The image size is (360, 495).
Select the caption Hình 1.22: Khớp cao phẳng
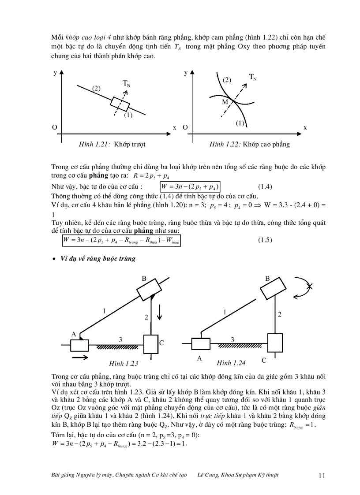[x=249, y=144]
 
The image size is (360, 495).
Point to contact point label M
[x=225, y=102]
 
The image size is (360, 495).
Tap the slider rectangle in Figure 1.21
[x=120, y=104]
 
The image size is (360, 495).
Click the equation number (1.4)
[x=265, y=186]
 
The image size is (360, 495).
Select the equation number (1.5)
[x=265, y=240]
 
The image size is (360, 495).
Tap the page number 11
[x=321, y=475]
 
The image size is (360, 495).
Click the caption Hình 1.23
[x=124, y=363]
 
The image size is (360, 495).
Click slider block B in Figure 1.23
[x=150, y=291]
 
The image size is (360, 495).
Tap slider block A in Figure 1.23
[x=79, y=345]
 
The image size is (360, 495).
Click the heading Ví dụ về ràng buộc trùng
[x=97, y=259]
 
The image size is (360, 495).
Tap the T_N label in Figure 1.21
[x=126, y=83]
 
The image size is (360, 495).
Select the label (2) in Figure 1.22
[x=227, y=80]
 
